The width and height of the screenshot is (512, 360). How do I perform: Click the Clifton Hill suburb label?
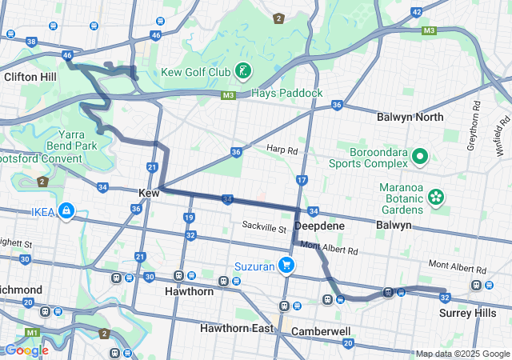click(30, 77)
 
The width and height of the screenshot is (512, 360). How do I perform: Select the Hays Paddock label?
click(286, 94)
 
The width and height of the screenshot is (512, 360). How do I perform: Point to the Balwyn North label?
click(410, 117)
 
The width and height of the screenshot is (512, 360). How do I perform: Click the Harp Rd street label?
click(282, 150)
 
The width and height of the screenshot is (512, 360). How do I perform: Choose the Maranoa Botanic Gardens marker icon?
click(437, 196)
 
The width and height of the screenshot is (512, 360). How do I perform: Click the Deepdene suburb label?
click(319, 226)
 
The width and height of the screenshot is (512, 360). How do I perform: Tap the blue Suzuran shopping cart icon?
click(286, 266)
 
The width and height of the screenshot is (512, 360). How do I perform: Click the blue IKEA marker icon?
click(66, 212)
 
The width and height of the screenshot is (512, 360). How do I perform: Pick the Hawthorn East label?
click(237, 329)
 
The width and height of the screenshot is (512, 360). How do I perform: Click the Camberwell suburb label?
click(321, 330)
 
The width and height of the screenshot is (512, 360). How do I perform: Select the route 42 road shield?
click(416, 12)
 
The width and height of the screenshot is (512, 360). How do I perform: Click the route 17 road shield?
click(301, 181)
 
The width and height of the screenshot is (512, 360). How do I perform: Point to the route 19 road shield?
click(189, 218)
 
